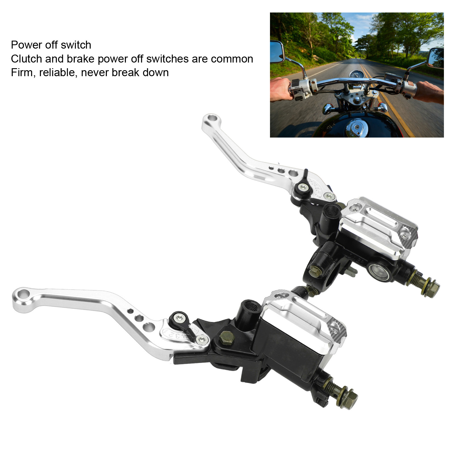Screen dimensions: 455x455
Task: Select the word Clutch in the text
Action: pyautogui.click(x=26, y=59)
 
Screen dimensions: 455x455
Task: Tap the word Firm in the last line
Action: pyautogui.click(x=22, y=73)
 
